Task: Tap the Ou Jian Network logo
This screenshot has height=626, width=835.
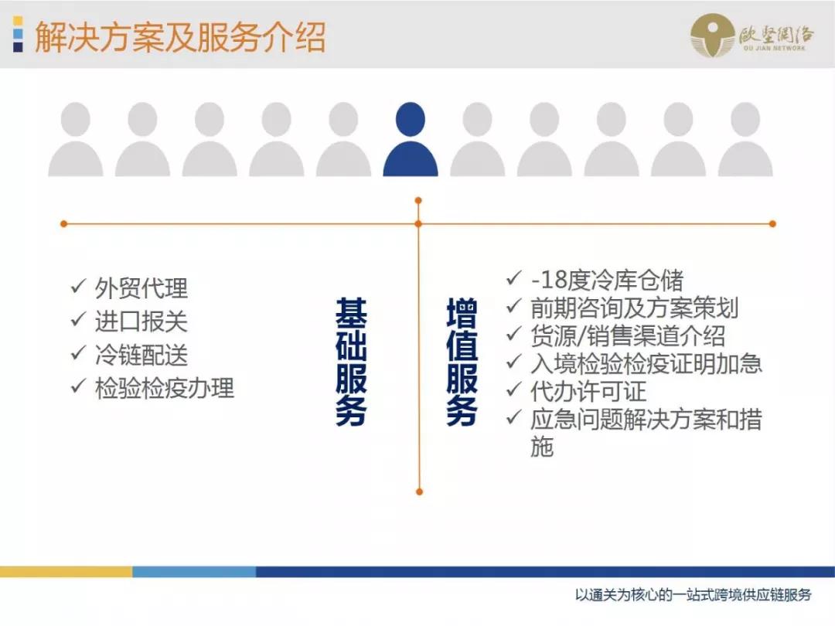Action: pos(751,36)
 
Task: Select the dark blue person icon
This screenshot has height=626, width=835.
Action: pos(410,140)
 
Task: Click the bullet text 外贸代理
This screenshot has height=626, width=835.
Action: pos(141,288)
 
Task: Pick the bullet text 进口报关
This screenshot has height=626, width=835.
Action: pos(141,322)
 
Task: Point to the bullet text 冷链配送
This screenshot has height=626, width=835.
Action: pos(141,355)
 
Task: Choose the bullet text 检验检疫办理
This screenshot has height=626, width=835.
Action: pos(164,388)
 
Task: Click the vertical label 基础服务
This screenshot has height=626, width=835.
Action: pos(351,361)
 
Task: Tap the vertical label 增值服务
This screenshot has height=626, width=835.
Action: pos(462,361)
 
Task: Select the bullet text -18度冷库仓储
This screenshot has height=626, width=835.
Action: pos(606,280)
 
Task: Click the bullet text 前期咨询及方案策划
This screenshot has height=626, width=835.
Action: pos(634,308)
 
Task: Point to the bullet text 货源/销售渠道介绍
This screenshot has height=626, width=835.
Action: pos(627,335)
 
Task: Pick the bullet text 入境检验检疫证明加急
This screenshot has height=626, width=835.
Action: pos(646,363)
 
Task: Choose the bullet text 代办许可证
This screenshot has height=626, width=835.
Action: pos(588,391)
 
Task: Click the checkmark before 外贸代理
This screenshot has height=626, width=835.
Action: pos(77,287)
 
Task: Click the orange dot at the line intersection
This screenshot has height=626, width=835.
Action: pos(418,224)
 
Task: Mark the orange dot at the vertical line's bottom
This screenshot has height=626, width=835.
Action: pos(419,492)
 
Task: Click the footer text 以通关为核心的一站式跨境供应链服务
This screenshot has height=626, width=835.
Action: pos(694,595)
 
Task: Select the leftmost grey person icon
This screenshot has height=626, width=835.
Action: pos(76,140)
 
